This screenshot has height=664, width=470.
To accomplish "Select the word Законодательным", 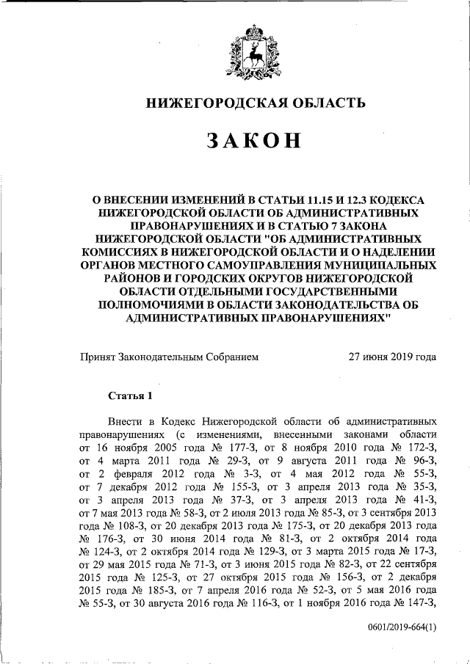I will tap(161, 358).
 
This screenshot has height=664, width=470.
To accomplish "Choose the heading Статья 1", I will tap(130, 397).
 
